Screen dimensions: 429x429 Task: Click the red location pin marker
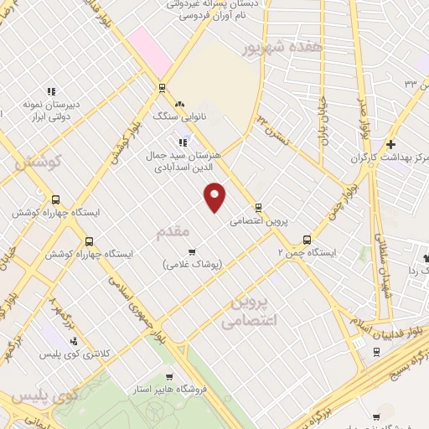click(215, 194)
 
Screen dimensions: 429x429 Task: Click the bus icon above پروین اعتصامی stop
click(258, 208)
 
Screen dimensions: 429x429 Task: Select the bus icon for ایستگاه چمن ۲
click(307, 239)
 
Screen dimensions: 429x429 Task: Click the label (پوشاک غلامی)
click(193, 265)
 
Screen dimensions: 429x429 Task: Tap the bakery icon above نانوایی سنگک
click(178, 103)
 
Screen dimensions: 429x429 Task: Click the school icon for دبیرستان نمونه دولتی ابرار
click(50, 91)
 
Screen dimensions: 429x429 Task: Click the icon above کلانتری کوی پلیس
click(74, 341)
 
